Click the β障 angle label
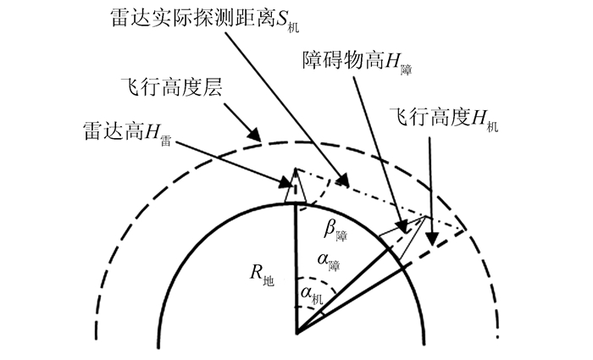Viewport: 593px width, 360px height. [337, 229]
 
